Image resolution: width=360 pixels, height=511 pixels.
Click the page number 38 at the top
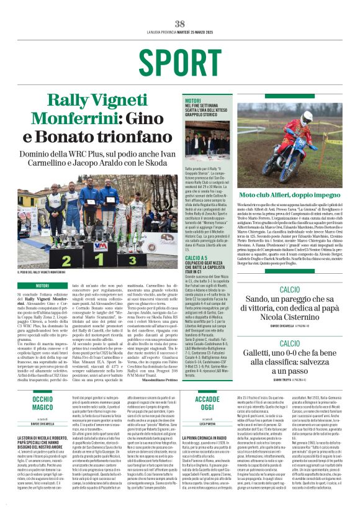click(180, 24)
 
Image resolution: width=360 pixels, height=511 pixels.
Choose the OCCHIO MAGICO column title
click(43, 403)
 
